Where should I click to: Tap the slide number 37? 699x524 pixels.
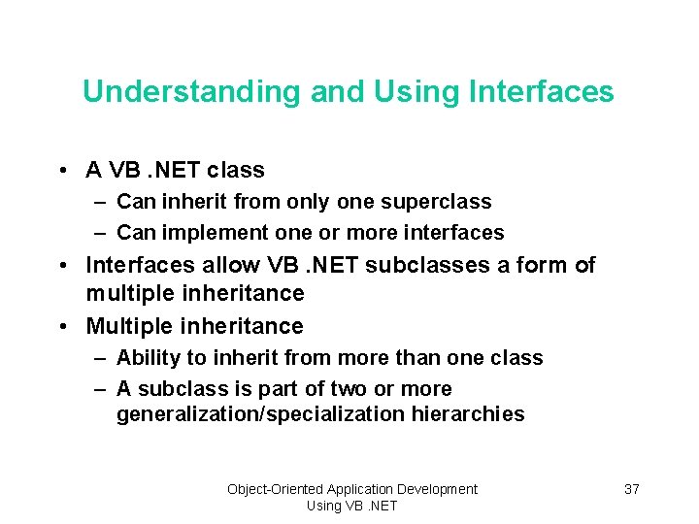[631, 489]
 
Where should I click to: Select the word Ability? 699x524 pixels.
[146, 358]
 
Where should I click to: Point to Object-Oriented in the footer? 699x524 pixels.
[275, 489]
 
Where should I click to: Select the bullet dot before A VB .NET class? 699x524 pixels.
[62, 171]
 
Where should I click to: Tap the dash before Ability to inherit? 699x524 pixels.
[101, 358]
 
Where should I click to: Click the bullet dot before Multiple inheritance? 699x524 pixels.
[62, 327]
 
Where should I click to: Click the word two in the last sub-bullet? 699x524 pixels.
[297, 389]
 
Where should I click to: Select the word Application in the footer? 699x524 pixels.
[360, 489]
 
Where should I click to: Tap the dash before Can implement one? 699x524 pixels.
[101, 233]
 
